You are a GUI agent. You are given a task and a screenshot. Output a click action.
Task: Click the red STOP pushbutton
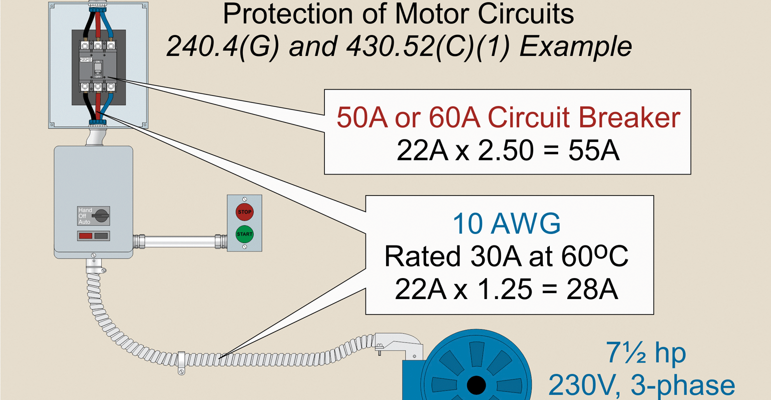click(244, 212)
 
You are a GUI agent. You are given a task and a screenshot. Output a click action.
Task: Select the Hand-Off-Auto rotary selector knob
click(101, 216)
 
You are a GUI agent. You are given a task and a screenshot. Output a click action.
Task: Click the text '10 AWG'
click(506, 223)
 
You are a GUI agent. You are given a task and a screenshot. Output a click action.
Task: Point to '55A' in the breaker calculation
click(594, 150)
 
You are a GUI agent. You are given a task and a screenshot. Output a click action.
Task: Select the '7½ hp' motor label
click(646, 352)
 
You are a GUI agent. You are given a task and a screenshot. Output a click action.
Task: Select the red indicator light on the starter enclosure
click(86, 235)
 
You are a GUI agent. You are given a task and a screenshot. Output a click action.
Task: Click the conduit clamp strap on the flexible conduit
click(182, 361)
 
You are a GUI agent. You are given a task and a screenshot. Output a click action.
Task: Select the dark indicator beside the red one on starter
click(101, 235)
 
